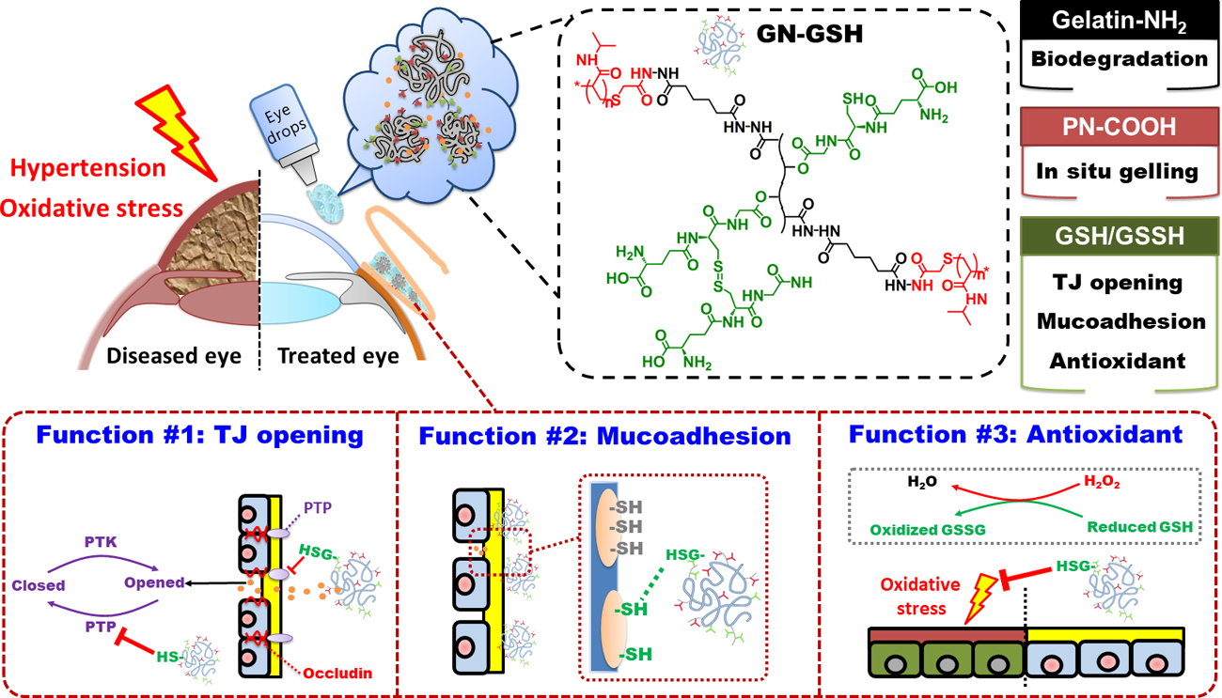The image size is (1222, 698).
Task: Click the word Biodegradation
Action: [x=1119, y=59]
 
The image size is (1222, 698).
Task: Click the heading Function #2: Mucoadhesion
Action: [x=605, y=436]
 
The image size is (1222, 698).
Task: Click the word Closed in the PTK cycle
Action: [x=39, y=585]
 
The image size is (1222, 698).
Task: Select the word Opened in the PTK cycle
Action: [x=154, y=582]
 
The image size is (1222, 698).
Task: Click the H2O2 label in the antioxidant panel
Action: [x=1104, y=483]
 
